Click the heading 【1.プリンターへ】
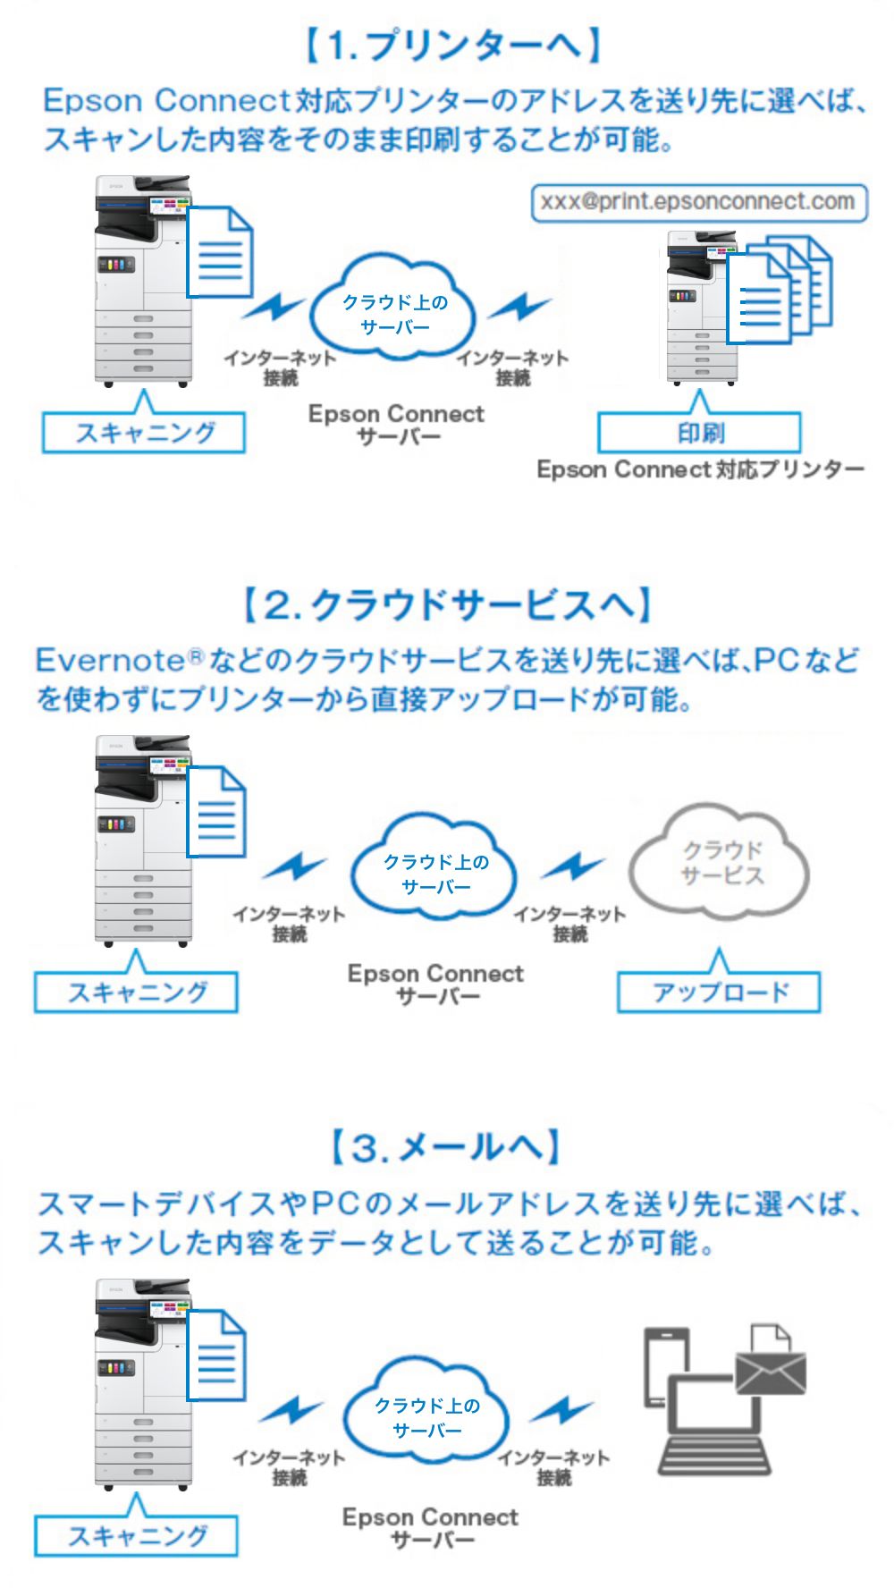(x=451, y=45)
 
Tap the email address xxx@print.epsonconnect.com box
(x=698, y=202)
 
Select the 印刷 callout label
(x=698, y=434)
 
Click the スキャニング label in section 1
(x=144, y=434)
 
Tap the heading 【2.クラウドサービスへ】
(x=447, y=605)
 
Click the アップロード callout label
(x=719, y=993)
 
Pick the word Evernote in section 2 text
(x=109, y=661)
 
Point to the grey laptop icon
(x=714, y=1430)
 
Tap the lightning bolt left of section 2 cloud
(x=294, y=866)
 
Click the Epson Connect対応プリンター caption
(x=700, y=470)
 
